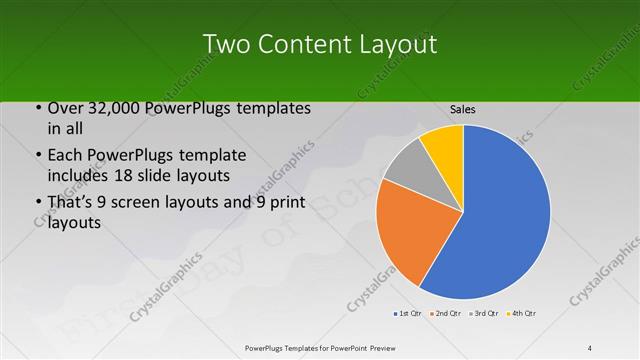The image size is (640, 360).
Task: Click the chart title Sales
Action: tap(462, 109)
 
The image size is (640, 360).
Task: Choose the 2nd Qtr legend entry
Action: tap(445, 314)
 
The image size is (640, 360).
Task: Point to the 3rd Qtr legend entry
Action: tap(483, 314)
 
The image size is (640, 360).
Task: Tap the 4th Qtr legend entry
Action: tap(521, 314)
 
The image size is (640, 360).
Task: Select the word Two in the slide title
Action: tap(226, 44)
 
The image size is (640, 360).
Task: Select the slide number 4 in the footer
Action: tap(590, 347)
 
